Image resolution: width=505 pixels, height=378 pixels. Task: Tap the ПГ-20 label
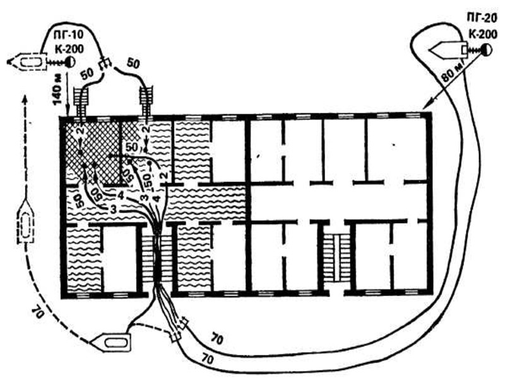coord(474,19)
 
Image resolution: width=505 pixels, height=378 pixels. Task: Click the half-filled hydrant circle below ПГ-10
coord(69,62)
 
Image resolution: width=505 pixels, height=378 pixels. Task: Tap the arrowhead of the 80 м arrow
coord(424,106)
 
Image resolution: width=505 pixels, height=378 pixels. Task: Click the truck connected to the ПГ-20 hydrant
coord(447,49)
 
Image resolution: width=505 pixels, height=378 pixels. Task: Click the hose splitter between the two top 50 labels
coord(106,63)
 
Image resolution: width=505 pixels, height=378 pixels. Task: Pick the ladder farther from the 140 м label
coord(148,101)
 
